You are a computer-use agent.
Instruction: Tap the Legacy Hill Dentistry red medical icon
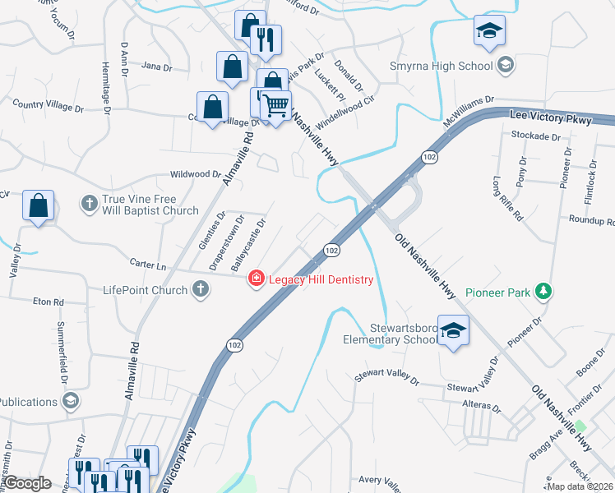click(256, 280)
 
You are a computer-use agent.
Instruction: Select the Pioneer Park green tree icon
click(543, 292)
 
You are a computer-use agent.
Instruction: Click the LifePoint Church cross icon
click(200, 289)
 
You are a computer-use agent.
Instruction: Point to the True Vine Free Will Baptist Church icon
click(89, 202)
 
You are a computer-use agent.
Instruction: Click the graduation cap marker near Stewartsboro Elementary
click(452, 330)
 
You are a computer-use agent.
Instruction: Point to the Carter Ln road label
click(148, 264)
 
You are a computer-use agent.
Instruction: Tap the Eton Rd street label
click(48, 302)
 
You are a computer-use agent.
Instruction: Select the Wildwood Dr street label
click(195, 174)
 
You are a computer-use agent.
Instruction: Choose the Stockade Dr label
click(534, 136)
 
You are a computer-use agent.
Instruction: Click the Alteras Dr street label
click(482, 407)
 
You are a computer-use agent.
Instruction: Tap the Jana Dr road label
click(156, 67)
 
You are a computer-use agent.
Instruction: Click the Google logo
click(27, 483)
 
